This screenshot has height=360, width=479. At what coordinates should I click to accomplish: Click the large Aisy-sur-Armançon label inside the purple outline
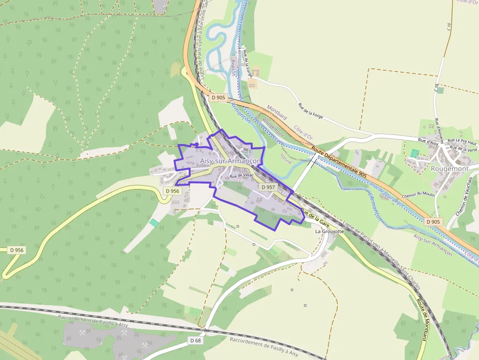coord(230,161)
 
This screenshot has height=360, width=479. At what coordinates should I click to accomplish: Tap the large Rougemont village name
coord(449,169)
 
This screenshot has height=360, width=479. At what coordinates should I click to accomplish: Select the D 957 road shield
coord(268,187)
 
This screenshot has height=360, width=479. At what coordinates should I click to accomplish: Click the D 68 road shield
coord(195,340)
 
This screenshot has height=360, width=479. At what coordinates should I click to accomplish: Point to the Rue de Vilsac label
coord(241,176)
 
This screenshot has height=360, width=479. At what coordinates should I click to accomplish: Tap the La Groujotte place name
coord(329,231)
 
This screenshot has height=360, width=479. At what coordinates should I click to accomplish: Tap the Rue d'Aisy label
coord(430,142)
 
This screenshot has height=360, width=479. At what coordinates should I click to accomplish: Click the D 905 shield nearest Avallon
coord(218,98)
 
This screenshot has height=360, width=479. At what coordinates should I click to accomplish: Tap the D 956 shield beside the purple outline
coord(172,191)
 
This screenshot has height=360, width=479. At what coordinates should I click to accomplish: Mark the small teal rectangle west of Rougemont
coord(415,153)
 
